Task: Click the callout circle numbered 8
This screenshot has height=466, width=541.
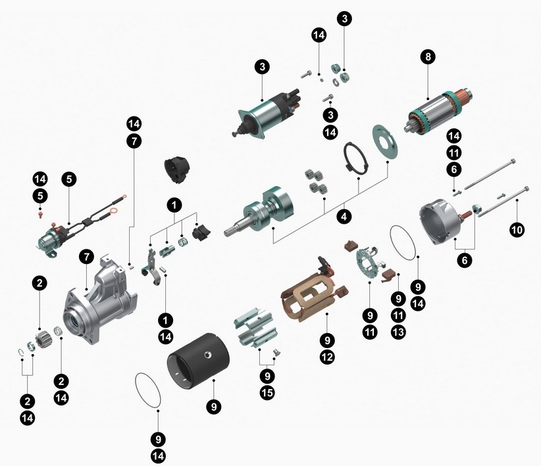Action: [428, 57]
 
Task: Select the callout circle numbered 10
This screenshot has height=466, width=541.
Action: [517, 230]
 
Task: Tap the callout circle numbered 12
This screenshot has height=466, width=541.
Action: [327, 357]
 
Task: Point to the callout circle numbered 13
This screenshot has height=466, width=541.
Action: [398, 332]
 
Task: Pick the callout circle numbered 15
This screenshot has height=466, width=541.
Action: [267, 392]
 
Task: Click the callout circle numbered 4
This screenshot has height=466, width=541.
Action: [344, 217]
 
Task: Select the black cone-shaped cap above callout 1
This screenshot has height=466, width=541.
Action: [177, 170]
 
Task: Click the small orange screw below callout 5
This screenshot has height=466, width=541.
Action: [40, 215]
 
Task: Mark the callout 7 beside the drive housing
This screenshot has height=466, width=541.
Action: [86, 257]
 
